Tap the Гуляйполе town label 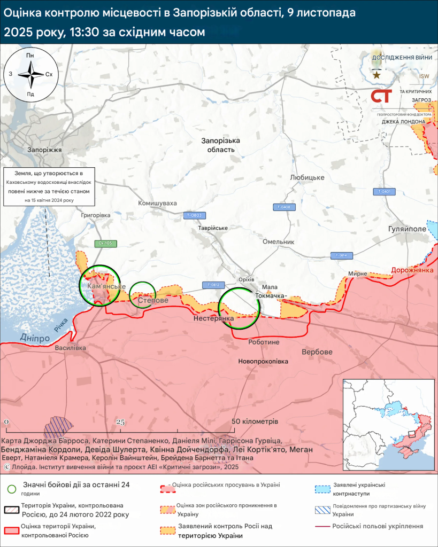407,229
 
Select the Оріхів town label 245,279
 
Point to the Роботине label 264,342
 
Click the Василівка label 70,348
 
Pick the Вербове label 317,352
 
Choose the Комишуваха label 157,204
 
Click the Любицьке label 307,177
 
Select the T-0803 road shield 195,215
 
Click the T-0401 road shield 384,191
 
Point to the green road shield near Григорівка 105,244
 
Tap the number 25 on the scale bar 120,422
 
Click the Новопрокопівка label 263,362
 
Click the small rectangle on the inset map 411,434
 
